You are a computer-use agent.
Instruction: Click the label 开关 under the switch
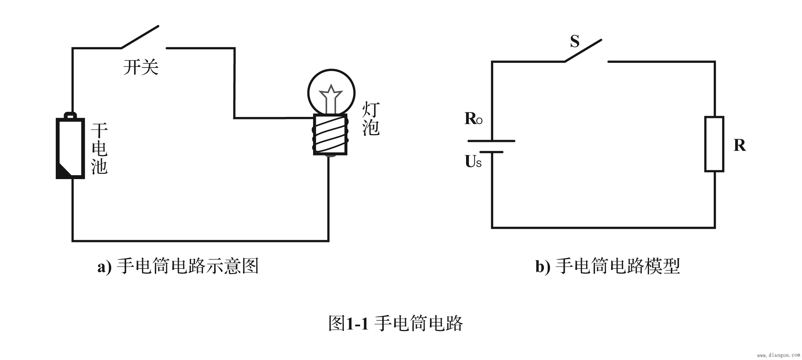(x=141, y=67)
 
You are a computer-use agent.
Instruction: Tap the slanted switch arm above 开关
(x=140, y=37)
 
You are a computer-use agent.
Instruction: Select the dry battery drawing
(x=70, y=148)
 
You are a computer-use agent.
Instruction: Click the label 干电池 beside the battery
(x=99, y=149)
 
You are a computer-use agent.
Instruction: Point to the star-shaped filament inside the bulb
(x=331, y=94)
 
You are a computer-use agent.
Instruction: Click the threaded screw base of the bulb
(x=330, y=134)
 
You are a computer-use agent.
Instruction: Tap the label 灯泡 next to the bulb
(x=371, y=119)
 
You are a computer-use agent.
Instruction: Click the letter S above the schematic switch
(x=574, y=42)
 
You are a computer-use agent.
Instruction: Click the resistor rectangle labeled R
(x=714, y=144)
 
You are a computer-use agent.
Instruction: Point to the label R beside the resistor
(x=739, y=146)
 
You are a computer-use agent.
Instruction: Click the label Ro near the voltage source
(x=473, y=119)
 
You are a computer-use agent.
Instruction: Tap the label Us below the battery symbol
(x=473, y=162)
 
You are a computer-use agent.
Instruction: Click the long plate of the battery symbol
(x=491, y=141)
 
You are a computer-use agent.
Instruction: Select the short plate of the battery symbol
(x=491, y=152)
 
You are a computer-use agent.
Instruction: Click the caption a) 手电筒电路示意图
(x=178, y=266)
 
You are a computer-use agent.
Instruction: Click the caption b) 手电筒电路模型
(x=607, y=266)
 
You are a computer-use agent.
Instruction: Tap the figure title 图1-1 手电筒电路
(x=396, y=324)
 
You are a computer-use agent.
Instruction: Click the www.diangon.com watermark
(x=778, y=355)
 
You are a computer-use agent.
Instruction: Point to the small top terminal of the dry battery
(x=70, y=115)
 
